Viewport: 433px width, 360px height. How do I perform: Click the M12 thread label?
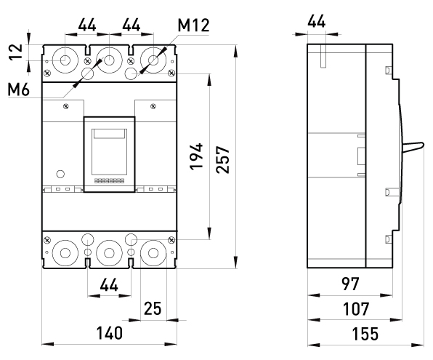click(x=193, y=25)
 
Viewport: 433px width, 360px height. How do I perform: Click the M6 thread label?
click(x=18, y=89)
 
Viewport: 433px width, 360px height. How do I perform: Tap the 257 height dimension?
click(x=222, y=159)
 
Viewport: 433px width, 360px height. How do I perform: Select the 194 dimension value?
click(x=196, y=156)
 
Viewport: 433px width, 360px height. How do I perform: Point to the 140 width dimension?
click(x=110, y=333)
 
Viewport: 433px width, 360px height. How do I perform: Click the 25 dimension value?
click(x=153, y=308)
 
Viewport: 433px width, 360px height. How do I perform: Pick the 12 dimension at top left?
click(x=16, y=52)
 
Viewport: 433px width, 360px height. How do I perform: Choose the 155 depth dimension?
click(x=365, y=334)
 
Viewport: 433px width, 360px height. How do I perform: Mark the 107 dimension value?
click(x=356, y=309)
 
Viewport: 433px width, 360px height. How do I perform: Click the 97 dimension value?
click(x=350, y=284)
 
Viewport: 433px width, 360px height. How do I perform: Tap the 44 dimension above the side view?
click(x=317, y=21)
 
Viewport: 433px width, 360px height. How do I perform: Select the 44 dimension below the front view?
click(x=109, y=285)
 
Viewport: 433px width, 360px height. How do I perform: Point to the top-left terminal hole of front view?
click(x=65, y=60)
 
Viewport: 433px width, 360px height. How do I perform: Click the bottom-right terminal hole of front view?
click(x=153, y=253)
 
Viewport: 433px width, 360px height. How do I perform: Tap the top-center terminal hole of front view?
click(x=110, y=60)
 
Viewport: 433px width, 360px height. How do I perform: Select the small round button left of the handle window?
click(x=60, y=174)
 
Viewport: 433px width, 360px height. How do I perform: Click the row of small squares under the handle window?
click(x=110, y=181)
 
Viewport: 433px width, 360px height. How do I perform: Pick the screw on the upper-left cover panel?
click(x=66, y=106)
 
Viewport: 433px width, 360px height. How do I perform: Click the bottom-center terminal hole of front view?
click(x=110, y=253)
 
